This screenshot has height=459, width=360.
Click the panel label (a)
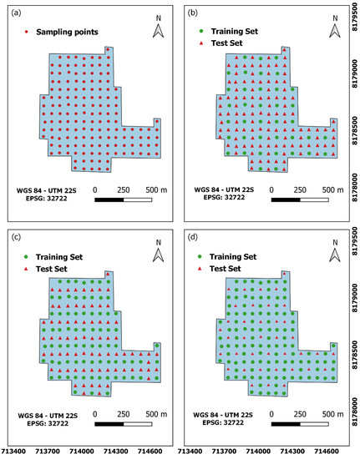tap(16, 13)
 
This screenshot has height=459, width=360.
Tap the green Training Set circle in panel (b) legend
tap(202, 28)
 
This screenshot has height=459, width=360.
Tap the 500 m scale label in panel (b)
tap(332, 189)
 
